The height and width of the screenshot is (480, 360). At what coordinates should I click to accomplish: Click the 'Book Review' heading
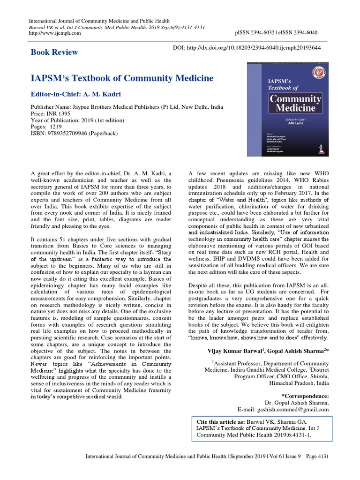tap(54, 52)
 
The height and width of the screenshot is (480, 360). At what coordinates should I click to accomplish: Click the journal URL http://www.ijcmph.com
tap(55, 33)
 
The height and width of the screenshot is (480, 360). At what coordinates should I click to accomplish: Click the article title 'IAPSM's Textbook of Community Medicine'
tap(122, 78)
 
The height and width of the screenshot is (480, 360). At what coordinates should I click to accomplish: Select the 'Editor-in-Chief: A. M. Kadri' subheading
tap(77, 94)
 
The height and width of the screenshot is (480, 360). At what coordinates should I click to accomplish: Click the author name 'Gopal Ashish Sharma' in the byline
tap(296, 350)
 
